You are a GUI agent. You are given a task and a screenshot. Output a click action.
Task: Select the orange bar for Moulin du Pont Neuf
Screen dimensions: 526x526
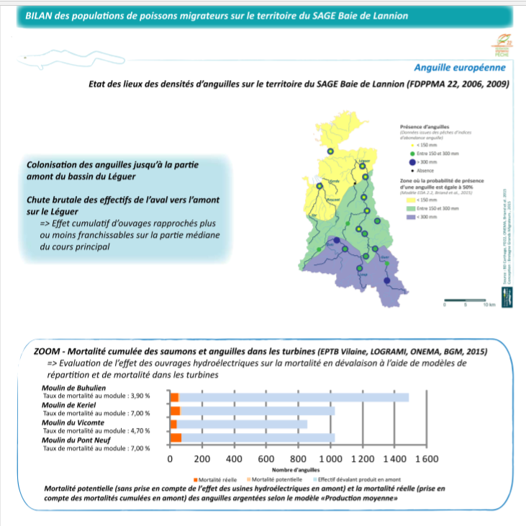point(176,437)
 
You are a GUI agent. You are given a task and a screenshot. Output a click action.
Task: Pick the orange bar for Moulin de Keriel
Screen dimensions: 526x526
point(175,411)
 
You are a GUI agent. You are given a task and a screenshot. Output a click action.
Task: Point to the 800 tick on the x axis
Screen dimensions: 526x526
point(299,459)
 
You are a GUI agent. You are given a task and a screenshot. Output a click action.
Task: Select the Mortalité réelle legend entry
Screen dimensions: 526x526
point(219,479)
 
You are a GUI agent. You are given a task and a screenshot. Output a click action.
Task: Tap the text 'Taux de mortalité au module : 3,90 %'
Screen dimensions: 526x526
point(96,395)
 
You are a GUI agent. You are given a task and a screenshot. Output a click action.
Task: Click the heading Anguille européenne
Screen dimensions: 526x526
point(459,68)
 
